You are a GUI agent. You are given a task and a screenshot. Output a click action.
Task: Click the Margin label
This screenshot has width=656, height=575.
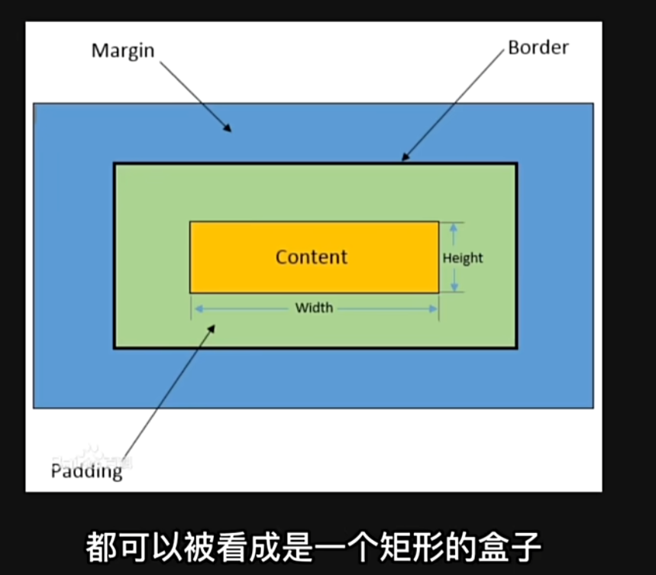point(122,51)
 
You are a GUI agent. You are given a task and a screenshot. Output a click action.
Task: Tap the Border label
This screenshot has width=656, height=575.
point(538,47)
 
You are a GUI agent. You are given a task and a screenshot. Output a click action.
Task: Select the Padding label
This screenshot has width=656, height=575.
point(86,470)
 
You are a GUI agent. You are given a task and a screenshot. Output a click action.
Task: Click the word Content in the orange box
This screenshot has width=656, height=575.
point(312,257)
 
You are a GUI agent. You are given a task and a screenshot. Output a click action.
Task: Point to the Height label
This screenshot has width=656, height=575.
point(463,258)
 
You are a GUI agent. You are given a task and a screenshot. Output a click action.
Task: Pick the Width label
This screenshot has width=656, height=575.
point(314,308)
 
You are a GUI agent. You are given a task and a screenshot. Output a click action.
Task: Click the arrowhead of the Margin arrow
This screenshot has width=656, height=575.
point(227,128)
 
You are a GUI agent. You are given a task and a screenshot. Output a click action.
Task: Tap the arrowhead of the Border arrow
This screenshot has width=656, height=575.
point(405,158)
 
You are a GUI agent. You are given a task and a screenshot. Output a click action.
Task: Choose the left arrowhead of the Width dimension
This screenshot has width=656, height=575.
point(196,308)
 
